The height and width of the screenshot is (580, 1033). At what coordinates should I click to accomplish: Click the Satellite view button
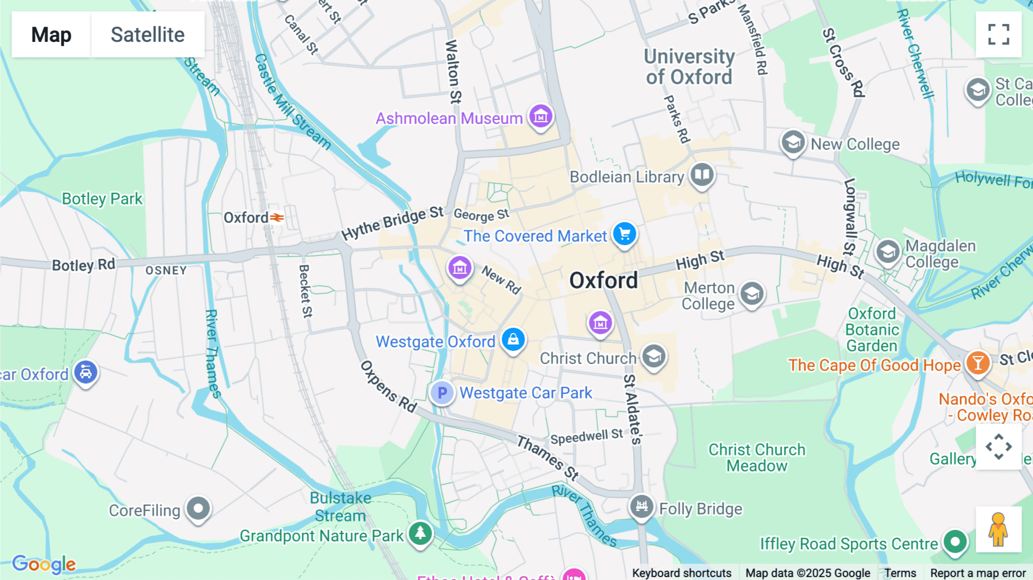point(147,34)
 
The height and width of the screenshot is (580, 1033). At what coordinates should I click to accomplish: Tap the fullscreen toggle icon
point(999,34)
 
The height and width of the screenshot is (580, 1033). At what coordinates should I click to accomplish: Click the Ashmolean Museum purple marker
point(541,117)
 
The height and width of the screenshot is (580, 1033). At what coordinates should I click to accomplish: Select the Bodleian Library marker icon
point(702,174)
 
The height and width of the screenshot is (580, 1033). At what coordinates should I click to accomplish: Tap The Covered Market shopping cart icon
point(624,234)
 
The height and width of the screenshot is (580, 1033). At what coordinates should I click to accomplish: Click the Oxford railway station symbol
point(277,218)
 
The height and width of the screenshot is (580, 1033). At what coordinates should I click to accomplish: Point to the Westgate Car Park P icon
point(442,393)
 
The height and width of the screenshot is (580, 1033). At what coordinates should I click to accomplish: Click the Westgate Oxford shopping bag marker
point(513,339)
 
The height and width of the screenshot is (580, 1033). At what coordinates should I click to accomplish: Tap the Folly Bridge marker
point(642,506)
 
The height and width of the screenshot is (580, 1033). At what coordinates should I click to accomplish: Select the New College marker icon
point(793,142)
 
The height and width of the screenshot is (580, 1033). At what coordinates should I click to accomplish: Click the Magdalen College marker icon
point(887,252)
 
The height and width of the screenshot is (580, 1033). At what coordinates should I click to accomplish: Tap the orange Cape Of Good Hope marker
point(978,363)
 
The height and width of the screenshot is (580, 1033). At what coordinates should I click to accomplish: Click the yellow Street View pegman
point(998,529)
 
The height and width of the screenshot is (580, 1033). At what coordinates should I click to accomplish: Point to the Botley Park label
point(102,199)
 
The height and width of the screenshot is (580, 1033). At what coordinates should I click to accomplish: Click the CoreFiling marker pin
point(199,508)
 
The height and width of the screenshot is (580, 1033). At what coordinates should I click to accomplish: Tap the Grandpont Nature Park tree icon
point(420,533)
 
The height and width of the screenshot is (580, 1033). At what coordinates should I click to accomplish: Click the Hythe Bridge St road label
point(392,223)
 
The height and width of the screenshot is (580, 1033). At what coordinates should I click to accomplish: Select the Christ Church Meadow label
point(756,458)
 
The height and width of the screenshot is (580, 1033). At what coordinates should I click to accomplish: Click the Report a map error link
point(978,573)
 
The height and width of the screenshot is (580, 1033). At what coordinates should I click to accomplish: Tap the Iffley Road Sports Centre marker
point(955,541)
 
